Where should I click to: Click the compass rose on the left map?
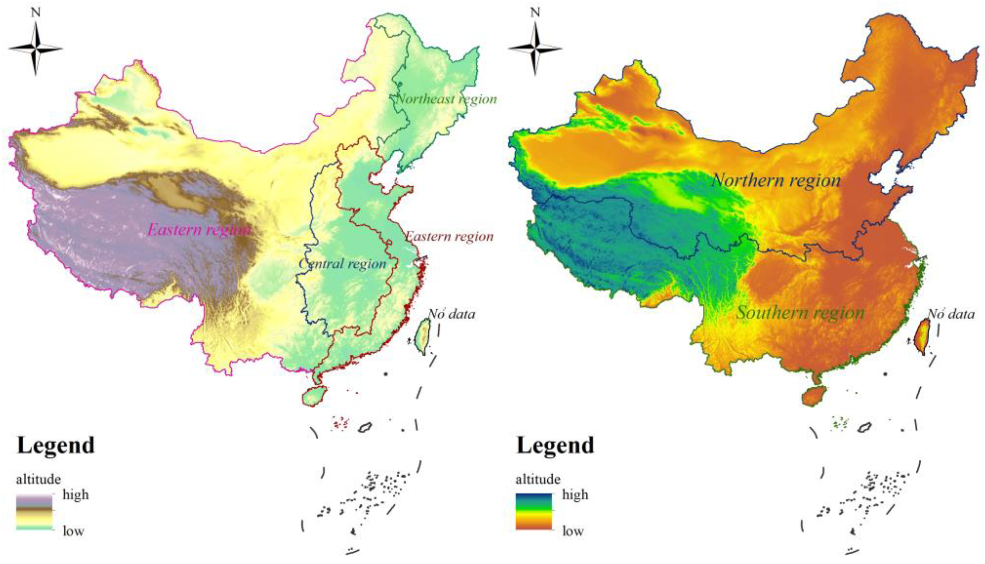coord(36,49)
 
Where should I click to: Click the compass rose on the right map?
coord(535,49)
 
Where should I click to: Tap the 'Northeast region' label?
coord(446,99)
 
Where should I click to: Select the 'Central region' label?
coord(342,264)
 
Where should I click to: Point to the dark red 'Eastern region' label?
coord(450,236)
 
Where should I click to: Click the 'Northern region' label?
coord(776,181)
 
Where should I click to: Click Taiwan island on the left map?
coord(423,335)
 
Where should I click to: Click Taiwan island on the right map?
coord(923,335)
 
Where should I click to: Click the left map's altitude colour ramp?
coord(34,511)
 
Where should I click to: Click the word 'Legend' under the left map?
coord(56,445)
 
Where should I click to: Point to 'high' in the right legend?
coord(575,495)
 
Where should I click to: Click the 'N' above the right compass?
coord(535,13)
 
